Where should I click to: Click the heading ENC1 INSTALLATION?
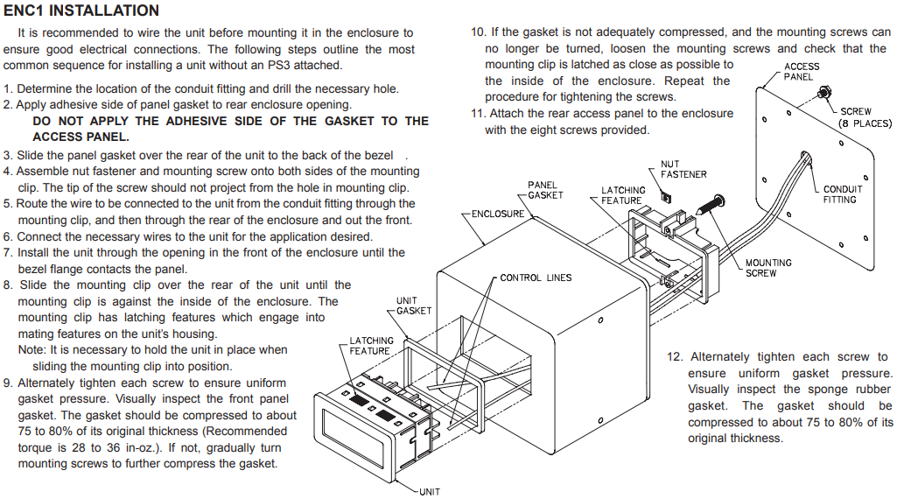point(81,11)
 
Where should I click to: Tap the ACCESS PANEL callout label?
point(802,71)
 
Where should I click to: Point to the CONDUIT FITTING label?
point(843,194)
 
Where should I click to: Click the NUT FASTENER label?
point(683,169)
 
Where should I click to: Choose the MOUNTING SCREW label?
point(768,268)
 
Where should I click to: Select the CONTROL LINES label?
point(536,278)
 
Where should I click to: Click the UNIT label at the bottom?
point(430,491)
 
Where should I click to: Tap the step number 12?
point(674,357)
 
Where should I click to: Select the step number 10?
point(478,32)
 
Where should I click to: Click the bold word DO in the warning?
point(42,121)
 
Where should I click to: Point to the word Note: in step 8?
point(33,350)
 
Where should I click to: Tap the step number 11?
point(478,114)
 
